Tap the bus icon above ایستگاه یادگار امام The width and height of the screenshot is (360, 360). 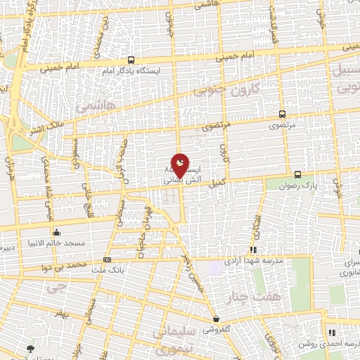(131, 60)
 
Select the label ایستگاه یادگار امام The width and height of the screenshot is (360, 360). (131, 71)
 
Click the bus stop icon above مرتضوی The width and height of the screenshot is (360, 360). (282, 113)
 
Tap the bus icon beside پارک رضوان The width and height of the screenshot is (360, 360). (297, 174)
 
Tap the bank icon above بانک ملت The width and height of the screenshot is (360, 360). (107, 259)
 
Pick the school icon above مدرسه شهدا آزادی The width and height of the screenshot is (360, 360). (253, 250)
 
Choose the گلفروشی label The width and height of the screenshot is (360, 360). (216, 329)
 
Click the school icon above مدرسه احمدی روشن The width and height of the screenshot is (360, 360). (330, 333)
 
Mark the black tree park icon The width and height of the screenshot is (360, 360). (30, 349)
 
